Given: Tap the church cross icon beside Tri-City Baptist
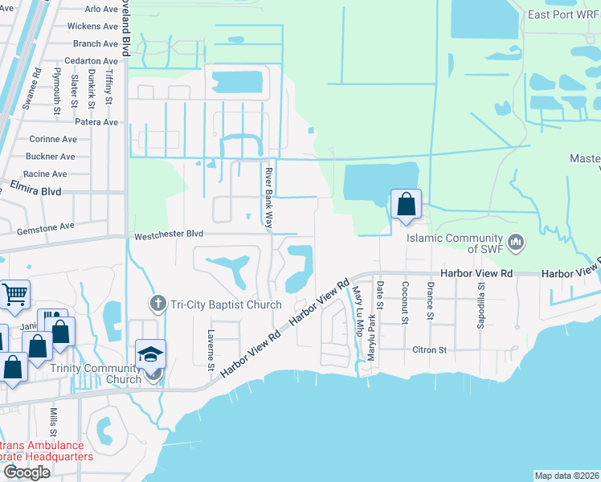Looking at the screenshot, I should point(157,304).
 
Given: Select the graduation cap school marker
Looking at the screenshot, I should point(150,354).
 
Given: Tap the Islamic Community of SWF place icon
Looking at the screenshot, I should point(517,241).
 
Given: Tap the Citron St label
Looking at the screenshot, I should point(429,350).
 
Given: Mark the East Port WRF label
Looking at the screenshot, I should point(562,14).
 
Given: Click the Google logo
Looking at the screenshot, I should point(27,472).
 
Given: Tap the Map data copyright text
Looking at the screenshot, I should point(566,476).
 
